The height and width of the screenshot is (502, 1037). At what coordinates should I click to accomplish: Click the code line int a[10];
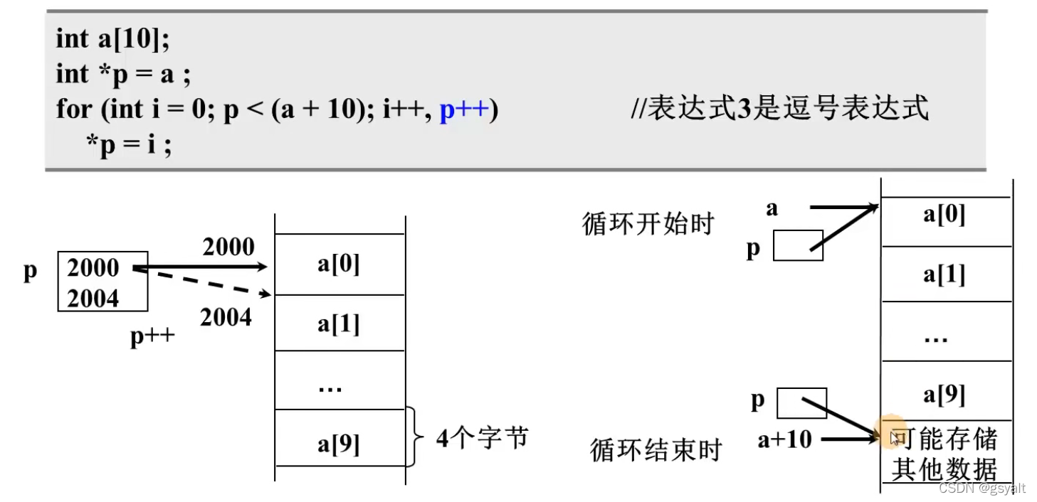pos(112,39)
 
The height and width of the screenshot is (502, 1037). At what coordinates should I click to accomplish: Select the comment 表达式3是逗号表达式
pos(779,109)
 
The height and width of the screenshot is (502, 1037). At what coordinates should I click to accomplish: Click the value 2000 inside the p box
pos(93,268)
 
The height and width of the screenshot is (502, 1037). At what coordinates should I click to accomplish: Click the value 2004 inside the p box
pos(93,299)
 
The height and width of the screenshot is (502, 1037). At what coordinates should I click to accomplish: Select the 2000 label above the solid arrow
pos(228,247)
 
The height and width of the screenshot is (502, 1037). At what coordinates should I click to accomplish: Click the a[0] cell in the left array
pos(339,264)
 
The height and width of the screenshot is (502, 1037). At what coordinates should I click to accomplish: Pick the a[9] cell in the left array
pos(339,444)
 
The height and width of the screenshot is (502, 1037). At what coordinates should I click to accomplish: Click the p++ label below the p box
pos(152,336)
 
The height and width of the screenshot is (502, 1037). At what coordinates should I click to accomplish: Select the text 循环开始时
pos(648,224)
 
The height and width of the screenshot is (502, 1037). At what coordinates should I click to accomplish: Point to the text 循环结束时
pos(656,450)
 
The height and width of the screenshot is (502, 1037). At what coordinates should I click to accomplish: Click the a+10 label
pos(784,439)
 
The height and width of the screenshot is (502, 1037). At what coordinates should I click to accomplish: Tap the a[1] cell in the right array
pos(944,274)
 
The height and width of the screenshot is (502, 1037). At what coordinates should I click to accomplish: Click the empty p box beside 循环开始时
pos(797,245)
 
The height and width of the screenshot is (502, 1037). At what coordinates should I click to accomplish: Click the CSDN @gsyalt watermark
pos(982,488)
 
